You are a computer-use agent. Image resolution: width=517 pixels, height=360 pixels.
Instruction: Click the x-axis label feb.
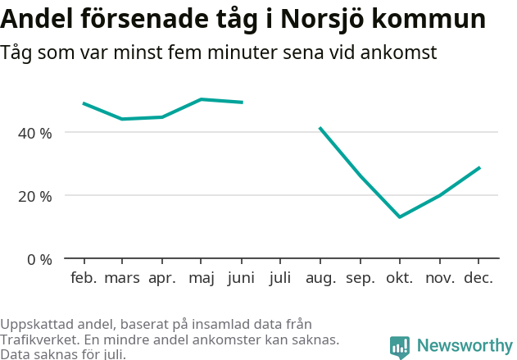tap(84, 278)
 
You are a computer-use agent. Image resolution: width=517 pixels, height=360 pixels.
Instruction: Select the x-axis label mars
tap(122, 278)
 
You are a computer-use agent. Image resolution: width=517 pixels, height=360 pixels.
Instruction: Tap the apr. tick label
tap(162, 278)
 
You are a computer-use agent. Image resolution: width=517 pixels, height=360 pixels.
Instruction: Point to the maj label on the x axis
tap(201, 278)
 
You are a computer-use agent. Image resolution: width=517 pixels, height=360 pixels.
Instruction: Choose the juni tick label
tap(241, 278)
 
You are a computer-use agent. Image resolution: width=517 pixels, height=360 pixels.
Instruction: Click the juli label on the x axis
tap(280, 278)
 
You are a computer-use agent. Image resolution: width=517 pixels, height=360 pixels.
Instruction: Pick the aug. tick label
tap(320, 278)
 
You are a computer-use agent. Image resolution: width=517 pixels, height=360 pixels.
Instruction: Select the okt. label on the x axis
tap(400, 278)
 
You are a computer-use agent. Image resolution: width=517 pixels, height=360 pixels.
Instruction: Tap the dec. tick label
tap(478, 278)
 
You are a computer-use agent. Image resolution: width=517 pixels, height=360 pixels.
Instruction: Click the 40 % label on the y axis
tap(35, 133)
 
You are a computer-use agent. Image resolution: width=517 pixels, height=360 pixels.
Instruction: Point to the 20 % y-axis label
tap(35, 196)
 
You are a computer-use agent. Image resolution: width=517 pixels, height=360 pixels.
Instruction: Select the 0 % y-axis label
tap(39, 260)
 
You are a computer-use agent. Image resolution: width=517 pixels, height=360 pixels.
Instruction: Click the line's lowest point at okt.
tap(400, 216)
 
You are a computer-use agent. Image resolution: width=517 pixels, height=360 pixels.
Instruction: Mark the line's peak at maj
tap(202, 99)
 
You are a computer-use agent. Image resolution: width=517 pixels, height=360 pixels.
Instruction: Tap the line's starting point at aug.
tap(320, 128)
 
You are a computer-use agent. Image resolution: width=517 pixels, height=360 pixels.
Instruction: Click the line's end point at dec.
tap(479, 167)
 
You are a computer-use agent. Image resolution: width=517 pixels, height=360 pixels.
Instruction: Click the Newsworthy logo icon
tap(400, 347)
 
